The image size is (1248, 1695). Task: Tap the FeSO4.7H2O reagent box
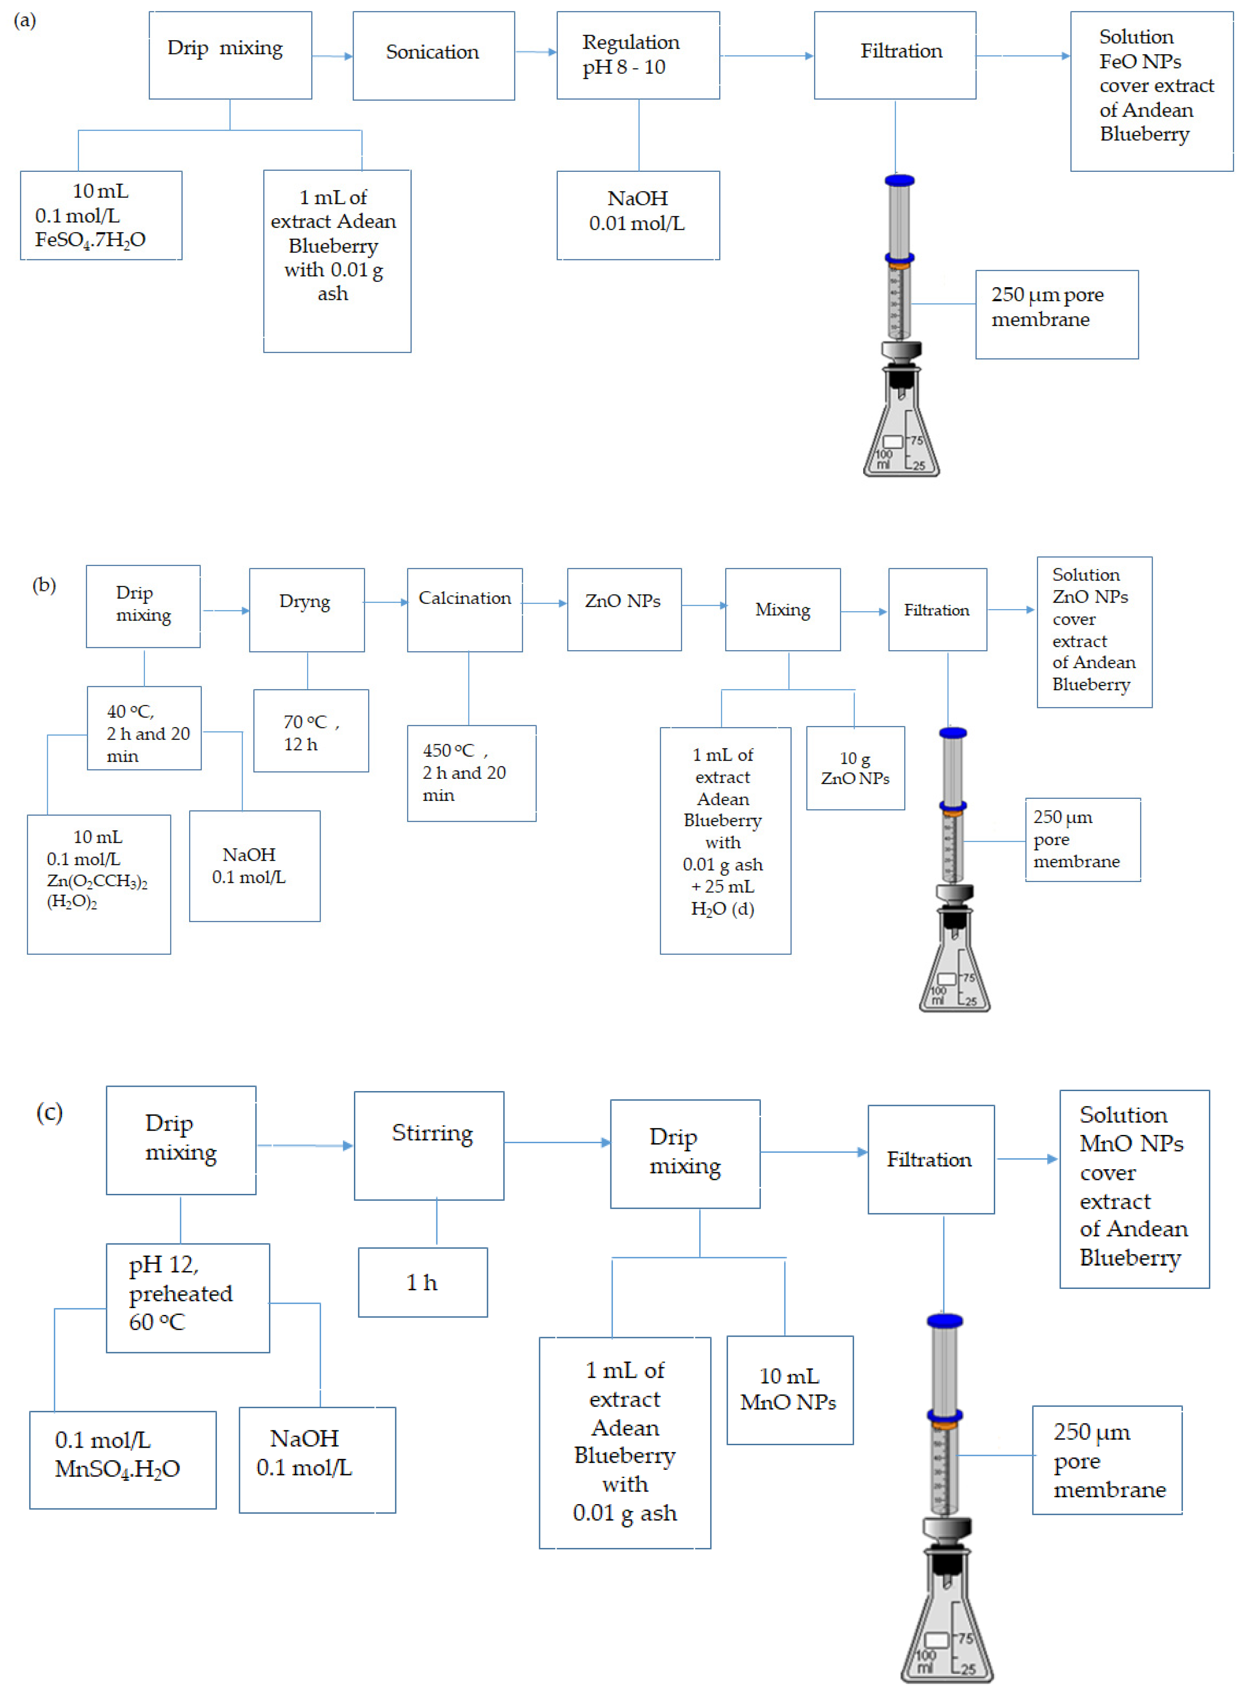pyautogui.click(x=101, y=215)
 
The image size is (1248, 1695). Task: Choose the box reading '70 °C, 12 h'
pyautogui.click(x=311, y=731)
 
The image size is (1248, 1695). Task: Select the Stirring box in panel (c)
pyautogui.click(x=429, y=1145)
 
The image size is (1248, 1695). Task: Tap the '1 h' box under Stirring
pyautogui.click(x=423, y=1282)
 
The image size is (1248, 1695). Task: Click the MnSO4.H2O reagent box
pyautogui.click(x=122, y=1459)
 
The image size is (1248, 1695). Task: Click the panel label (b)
pyautogui.click(x=44, y=585)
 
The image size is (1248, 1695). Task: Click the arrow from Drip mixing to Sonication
pyautogui.click(x=332, y=56)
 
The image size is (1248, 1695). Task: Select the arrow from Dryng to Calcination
pyautogui.click(x=385, y=602)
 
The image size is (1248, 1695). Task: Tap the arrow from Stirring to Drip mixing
pyautogui.click(x=557, y=1142)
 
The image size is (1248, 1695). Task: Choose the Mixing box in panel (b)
pyautogui.click(x=783, y=610)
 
